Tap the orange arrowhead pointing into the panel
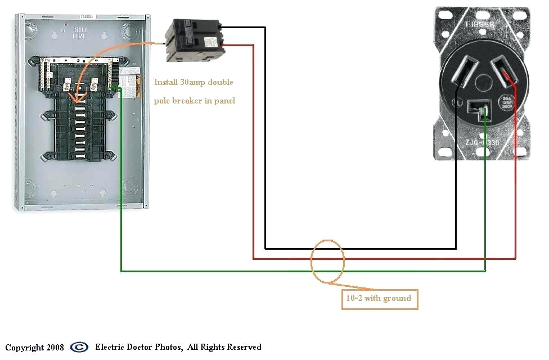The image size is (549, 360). pos(75,101)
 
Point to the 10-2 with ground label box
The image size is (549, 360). pos(380,299)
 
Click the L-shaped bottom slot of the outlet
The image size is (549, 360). pos(479,106)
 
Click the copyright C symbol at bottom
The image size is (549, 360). pos(79,347)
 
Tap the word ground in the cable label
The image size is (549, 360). pos(397,299)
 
